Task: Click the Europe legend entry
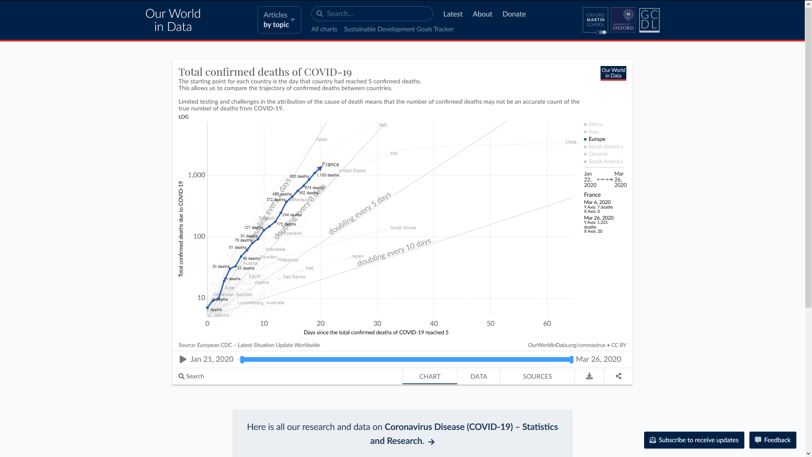click(x=596, y=139)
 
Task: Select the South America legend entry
click(x=605, y=162)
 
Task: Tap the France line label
click(x=330, y=165)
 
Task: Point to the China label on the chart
click(x=571, y=142)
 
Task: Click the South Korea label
click(x=403, y=228)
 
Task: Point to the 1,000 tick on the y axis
click(x=196, y=175)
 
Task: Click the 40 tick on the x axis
click(x=434, y=324)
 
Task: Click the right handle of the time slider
click(x=571, y=360)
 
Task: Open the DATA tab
click(x=479, y=377)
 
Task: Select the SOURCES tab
click(x=537, y=377)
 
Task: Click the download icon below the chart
click(x=589, y=377)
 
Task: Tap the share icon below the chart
click(x=618, y=377)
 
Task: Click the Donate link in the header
click(x=514, y=14)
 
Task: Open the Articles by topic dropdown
click(x=279, y=20)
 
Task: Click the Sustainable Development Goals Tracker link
click(x=398, y=29)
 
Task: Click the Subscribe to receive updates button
click(x=694, y=440)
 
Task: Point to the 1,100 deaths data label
click(x=327, y=175)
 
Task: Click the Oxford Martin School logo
click(x=595, y=20)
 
